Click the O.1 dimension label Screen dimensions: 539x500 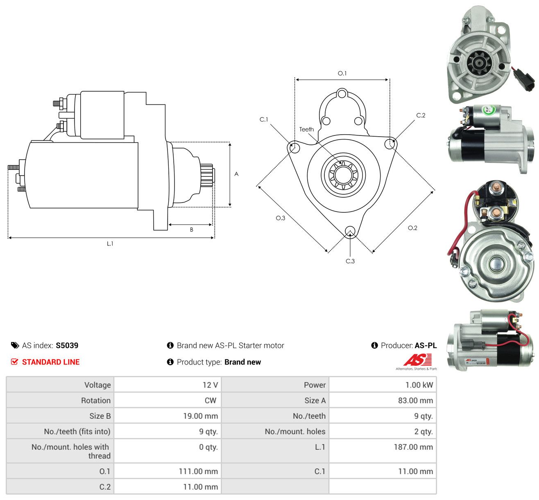pos(342,73)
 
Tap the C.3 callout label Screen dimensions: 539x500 pos(350,261)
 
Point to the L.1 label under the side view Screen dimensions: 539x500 pos(110,243)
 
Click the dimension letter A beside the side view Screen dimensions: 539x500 pos(236,174)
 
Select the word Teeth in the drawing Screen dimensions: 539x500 pos(306,129)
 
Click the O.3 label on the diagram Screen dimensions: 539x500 pos(281,218)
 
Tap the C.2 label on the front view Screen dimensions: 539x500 pos(421,115)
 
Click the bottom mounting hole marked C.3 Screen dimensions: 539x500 pos(350,231)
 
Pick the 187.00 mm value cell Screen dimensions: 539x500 pos(413,447)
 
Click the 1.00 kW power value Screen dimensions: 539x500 pos(419,385)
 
